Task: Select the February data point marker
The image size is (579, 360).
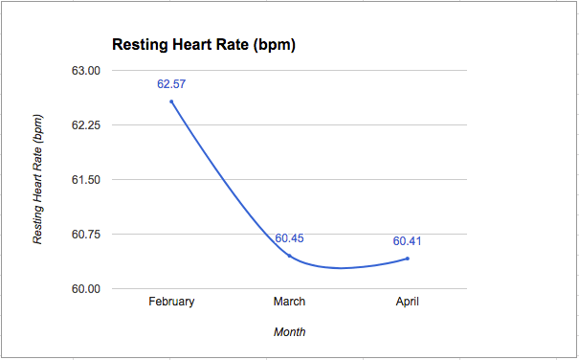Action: coord(171,101)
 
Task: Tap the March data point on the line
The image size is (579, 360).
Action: coord(290,256)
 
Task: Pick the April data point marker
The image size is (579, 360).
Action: coord(408,259)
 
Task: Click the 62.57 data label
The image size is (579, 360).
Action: coord(171,84)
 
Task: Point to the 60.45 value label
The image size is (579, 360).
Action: coord(290,238)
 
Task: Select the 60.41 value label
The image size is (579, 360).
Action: coord(408,241)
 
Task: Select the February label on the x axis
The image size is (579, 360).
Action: coord(171,302)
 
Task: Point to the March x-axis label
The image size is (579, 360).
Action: coord(290,302)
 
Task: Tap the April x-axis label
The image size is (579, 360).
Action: coord(408,302)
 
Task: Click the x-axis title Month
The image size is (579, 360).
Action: coord(290,332)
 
